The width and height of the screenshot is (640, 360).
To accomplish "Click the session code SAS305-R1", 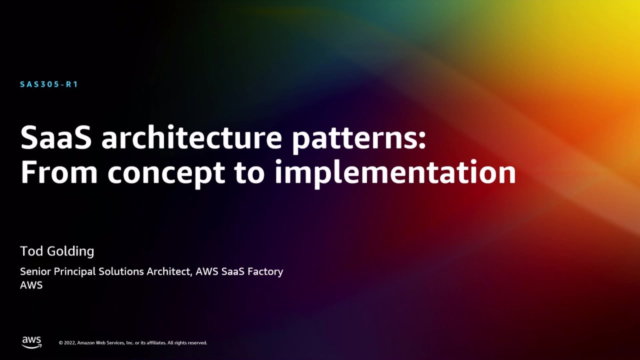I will point(49,84).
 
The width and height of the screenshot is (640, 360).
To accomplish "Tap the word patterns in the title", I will point(358,138).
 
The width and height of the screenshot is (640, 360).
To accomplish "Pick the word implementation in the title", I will point(395,172).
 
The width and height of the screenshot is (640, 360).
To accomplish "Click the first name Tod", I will point(31,251).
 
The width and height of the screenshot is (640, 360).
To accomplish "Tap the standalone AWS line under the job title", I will point(31,285).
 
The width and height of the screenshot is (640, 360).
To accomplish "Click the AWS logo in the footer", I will point(31,342).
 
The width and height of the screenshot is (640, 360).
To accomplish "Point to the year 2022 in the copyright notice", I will point(69,343).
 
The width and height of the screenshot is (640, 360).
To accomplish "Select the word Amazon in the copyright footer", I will point(87,343).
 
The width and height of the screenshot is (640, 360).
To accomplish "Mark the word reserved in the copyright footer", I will point(196,343).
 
